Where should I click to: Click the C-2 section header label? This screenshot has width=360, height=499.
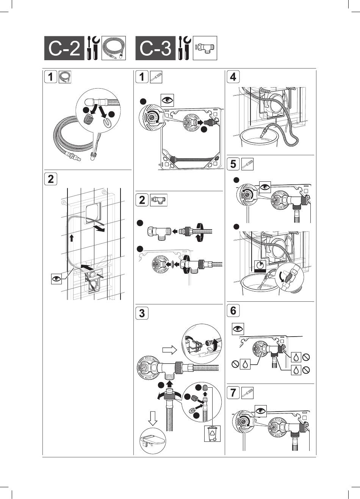point(64,48)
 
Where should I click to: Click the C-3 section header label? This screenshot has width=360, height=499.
point(155,48)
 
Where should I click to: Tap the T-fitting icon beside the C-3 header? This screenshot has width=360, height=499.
point(205,48)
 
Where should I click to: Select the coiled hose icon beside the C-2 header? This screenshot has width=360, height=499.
point(114,48)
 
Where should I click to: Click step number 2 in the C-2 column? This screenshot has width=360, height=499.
point(51,179)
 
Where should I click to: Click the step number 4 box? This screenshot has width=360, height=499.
point(233,77)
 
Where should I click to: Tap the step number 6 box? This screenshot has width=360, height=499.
point(233,310)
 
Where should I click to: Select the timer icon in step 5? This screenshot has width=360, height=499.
point(260,266)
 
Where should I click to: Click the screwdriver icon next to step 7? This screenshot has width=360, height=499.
point(247,393)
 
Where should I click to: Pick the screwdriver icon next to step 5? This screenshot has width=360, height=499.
point(247,164)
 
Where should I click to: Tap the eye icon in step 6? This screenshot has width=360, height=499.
point(238,329)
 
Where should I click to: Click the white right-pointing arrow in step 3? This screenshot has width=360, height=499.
point(169,350)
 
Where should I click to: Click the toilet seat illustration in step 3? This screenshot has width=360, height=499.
point(153,440)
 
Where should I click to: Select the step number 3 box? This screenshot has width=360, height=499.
point(142,313)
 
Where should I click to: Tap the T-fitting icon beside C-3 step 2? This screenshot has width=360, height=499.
point(159,200)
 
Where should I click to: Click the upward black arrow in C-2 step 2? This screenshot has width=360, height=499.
point(71,238)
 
